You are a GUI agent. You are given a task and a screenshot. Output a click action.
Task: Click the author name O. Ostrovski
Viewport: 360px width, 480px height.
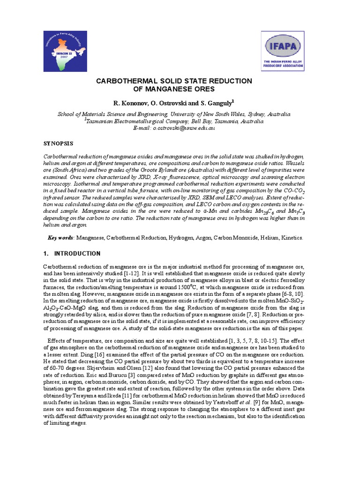pyautogui.click(x=172, y=102)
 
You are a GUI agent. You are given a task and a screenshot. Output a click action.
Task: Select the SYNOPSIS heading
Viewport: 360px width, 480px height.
pyautogui.click(x=58, y=142)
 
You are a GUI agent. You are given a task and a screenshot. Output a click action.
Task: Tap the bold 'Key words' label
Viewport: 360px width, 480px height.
pyautogui.click(x=61, y=238)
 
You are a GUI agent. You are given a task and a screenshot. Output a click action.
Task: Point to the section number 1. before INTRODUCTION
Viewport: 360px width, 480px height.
pyautogui.click(x=46, y=254)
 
